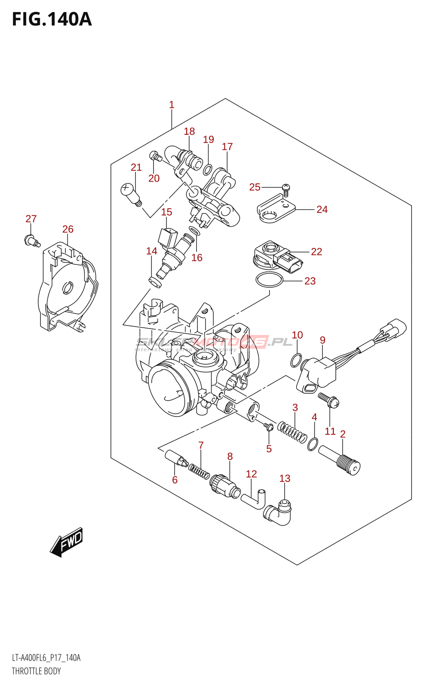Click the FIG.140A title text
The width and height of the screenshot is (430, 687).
tap(52, 19)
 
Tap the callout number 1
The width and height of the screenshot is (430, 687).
tap(172, 104)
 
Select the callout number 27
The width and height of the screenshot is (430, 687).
tap(31, 219)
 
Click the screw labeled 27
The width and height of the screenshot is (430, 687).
tap(32, 240)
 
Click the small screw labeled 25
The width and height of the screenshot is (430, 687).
tap(286, 188)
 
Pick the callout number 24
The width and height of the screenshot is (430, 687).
tap(322, 209)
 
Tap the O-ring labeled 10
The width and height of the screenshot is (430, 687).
tap(296, 360)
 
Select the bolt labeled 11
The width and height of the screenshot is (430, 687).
tap(329, 400)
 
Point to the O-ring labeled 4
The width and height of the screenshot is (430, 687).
tap(313, 444)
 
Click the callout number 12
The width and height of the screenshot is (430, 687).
tap(251, 474)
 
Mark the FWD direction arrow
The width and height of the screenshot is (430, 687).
tap(67, 542)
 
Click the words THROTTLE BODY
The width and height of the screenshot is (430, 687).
tap(36, 671)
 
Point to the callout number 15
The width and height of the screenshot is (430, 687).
tap(166, 212)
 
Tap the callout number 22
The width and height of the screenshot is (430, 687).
tap(316, 252)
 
